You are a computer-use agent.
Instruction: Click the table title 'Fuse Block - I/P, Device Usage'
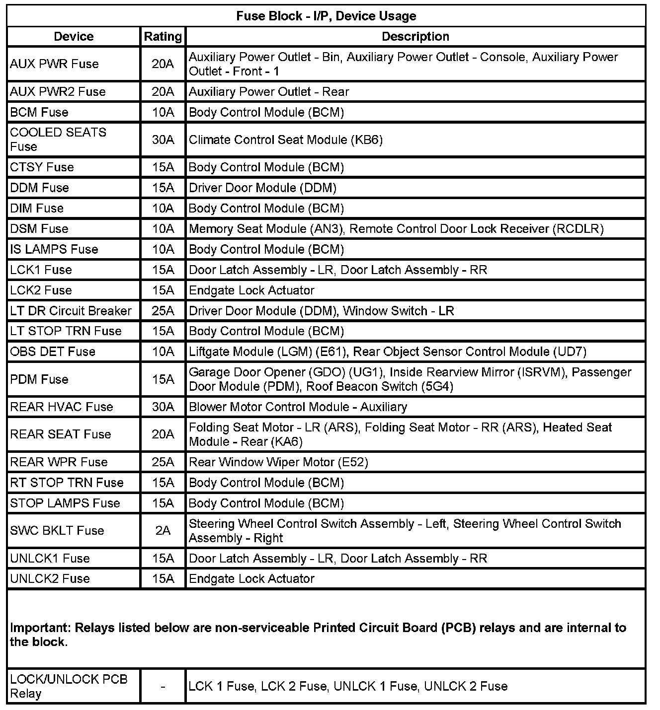[326, 16]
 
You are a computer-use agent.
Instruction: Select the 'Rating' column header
[163, 37]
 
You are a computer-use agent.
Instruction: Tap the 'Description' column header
[415, 37]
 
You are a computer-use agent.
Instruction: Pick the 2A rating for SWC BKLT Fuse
[163, 531]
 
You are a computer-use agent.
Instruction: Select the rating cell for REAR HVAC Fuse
[163, 407]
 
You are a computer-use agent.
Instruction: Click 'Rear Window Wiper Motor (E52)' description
[278, 462]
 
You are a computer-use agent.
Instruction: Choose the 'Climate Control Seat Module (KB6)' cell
[286, 140]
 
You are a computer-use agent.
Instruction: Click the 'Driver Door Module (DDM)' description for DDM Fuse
[262, 188]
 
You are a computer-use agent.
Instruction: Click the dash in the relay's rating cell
[163, 687]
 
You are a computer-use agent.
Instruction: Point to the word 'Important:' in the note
[41, 628]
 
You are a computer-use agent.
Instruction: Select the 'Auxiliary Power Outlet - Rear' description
[269, 92]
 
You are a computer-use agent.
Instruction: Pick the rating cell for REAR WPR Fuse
[163, 462]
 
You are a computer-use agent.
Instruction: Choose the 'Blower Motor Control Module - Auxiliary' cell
[298, 407]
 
